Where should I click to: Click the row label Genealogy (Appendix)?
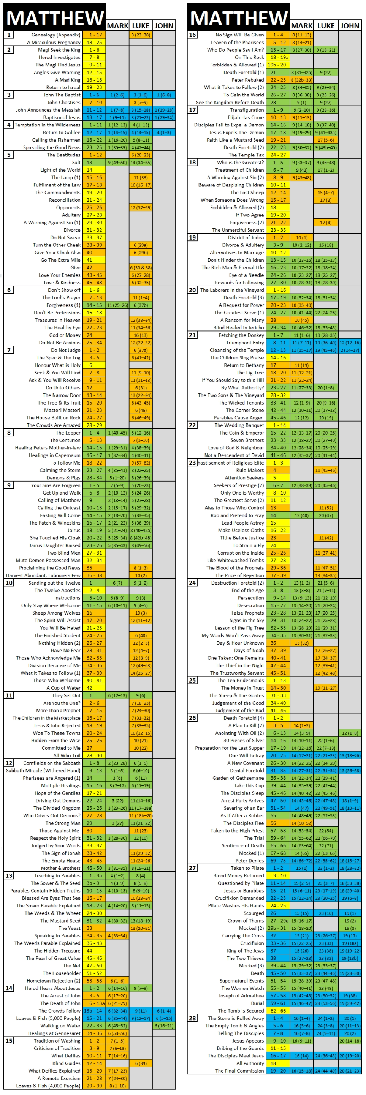(x=56, y=35)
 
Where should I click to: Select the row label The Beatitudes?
(x=63, y=155)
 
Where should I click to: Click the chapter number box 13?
(x=9, y=876)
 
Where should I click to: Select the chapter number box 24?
(x=192, y=583)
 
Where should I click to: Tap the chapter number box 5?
(x=9, y=155)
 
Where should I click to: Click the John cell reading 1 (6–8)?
(x=164, y=95)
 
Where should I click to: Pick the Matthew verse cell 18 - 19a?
(x=278, y=57)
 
